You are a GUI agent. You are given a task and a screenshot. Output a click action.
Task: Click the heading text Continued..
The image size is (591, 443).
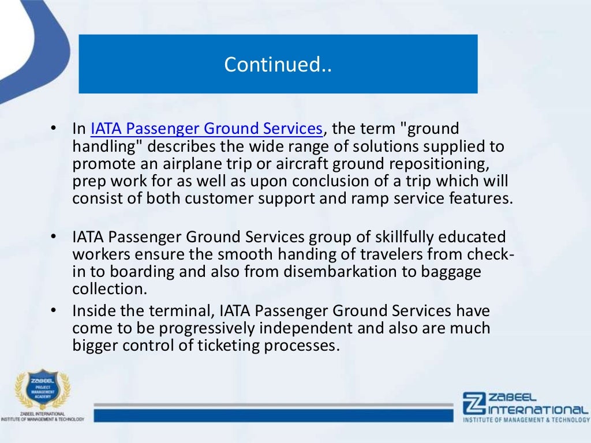[x=278, y=64]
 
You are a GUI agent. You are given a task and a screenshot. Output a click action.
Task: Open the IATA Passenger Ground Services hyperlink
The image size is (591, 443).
[x=205, y=128]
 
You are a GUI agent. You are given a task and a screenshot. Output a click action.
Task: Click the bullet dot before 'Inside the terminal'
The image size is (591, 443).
[x=53, y=311]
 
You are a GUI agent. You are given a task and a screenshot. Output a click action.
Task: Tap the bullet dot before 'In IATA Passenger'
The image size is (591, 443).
[x=53, y=128]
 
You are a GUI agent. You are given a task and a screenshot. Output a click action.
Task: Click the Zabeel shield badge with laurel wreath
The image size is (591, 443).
[x=42, y=390]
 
